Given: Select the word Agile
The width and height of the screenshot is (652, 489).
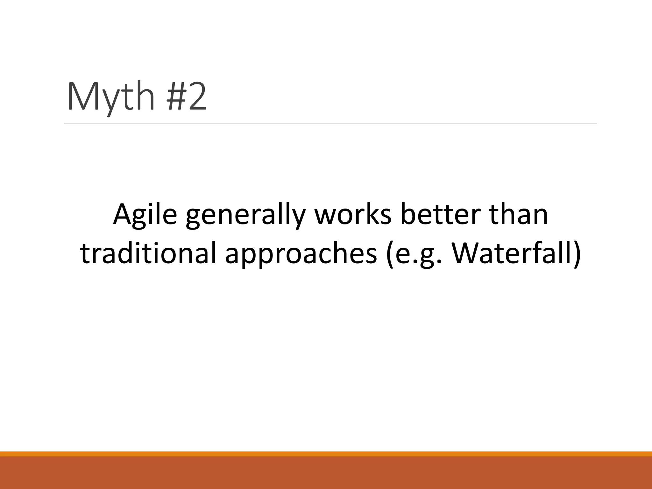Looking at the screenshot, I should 145,214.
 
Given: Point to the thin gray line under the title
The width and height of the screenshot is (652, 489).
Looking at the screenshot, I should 330,124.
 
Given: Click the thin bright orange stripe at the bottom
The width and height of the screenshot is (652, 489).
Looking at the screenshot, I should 326,454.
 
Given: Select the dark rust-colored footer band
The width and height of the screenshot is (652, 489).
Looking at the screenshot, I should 326,473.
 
